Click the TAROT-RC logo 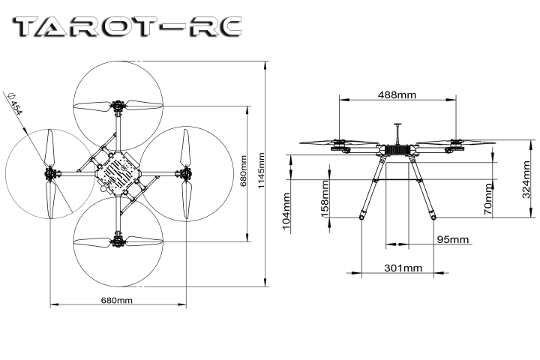click(x=128, y=28)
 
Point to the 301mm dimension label click(x=403, y=268)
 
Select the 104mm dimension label click(x=286, y=213)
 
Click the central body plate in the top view click(x=116, y=172)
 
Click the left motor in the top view click(x=51, y=174)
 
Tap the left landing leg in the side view click(x=370, y=187)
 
